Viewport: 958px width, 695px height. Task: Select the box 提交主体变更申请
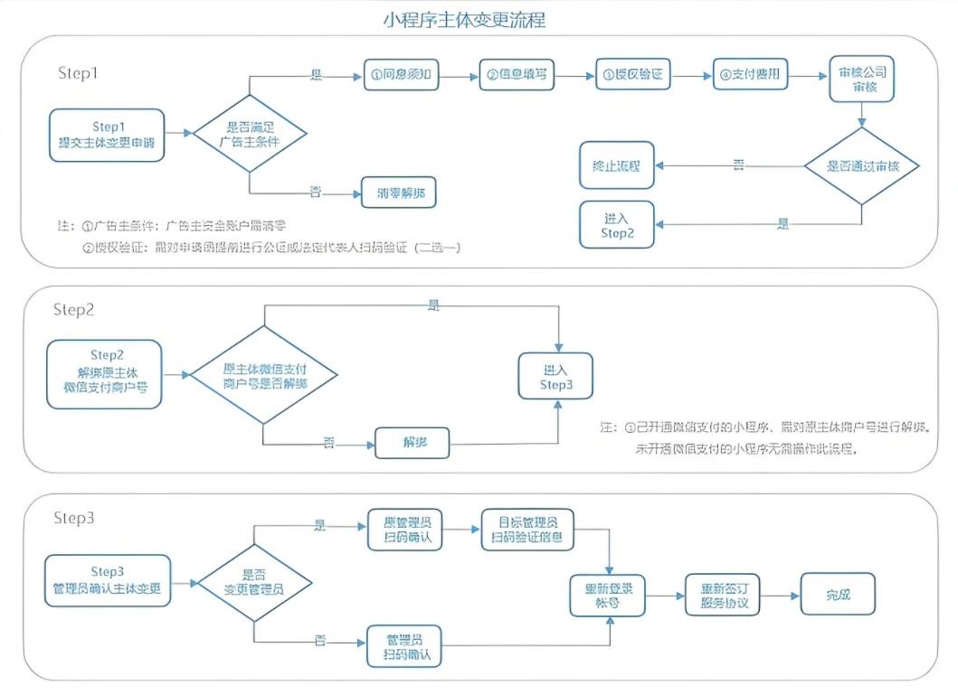click(107, 135)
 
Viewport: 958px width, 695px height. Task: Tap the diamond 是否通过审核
click(862, 166)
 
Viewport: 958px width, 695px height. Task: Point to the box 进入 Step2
click(617, 224)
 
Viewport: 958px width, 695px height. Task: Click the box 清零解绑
click(401, 192)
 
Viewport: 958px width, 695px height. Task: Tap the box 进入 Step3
click(556, 376)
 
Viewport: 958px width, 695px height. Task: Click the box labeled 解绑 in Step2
click(413, 442)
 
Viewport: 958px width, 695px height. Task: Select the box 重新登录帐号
click(608, 596)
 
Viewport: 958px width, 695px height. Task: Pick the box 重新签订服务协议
click(723, 596)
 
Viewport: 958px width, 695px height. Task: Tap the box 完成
click(838, 595)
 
